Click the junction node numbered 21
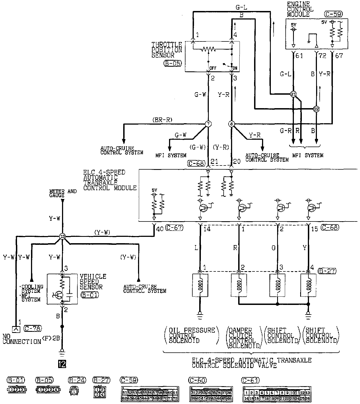click(294, 94)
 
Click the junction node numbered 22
click(316, 109)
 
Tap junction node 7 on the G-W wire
click(208, 124)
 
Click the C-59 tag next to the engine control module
click(333, 14)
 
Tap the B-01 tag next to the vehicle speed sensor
click(90, 295)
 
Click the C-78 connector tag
click(33, 328)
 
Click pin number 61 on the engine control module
click(299, 56)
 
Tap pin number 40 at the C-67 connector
click(160, 228)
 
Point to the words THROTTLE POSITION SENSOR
click(167, 50)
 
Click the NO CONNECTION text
click(21, 339)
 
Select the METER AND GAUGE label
click(63, 193)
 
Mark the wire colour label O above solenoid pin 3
click(273, 248)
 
